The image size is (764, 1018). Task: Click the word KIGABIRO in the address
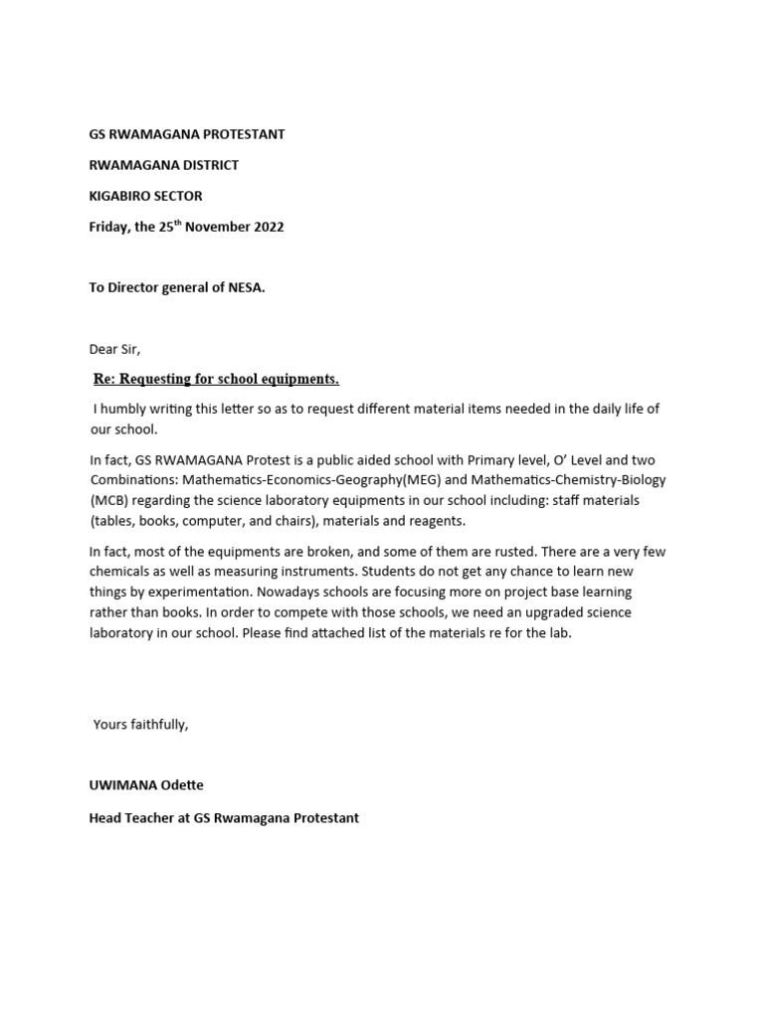click(120, 196)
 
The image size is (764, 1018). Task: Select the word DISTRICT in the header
click(206, 165)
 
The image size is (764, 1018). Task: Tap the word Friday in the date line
click(109, 227)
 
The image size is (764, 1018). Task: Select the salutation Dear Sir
click(115, 349)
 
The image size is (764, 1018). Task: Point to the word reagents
click(436, 521)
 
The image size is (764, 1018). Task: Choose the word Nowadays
click(321, 593)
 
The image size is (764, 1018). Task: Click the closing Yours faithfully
click(140, 725)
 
